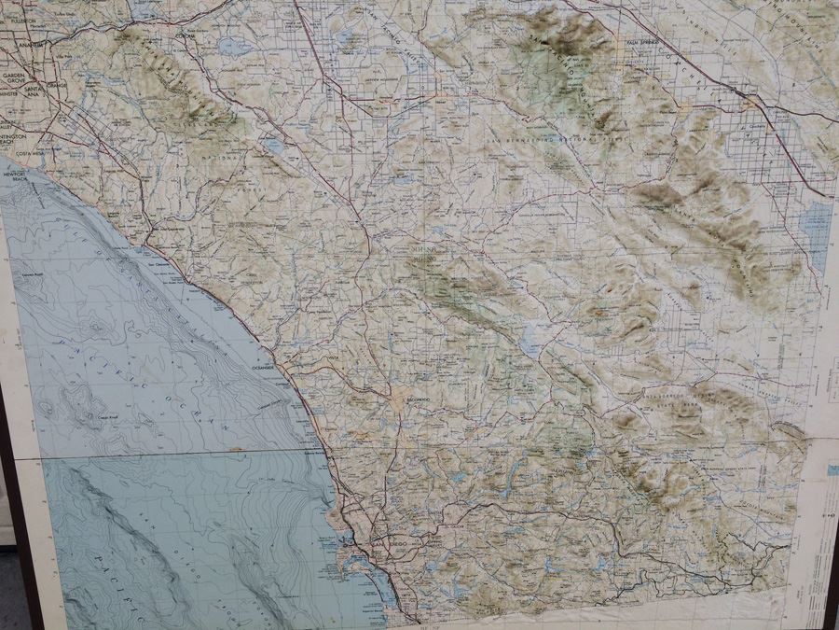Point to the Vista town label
point(330,356)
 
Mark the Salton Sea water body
point(817,233)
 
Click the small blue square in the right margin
point(832,470)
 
